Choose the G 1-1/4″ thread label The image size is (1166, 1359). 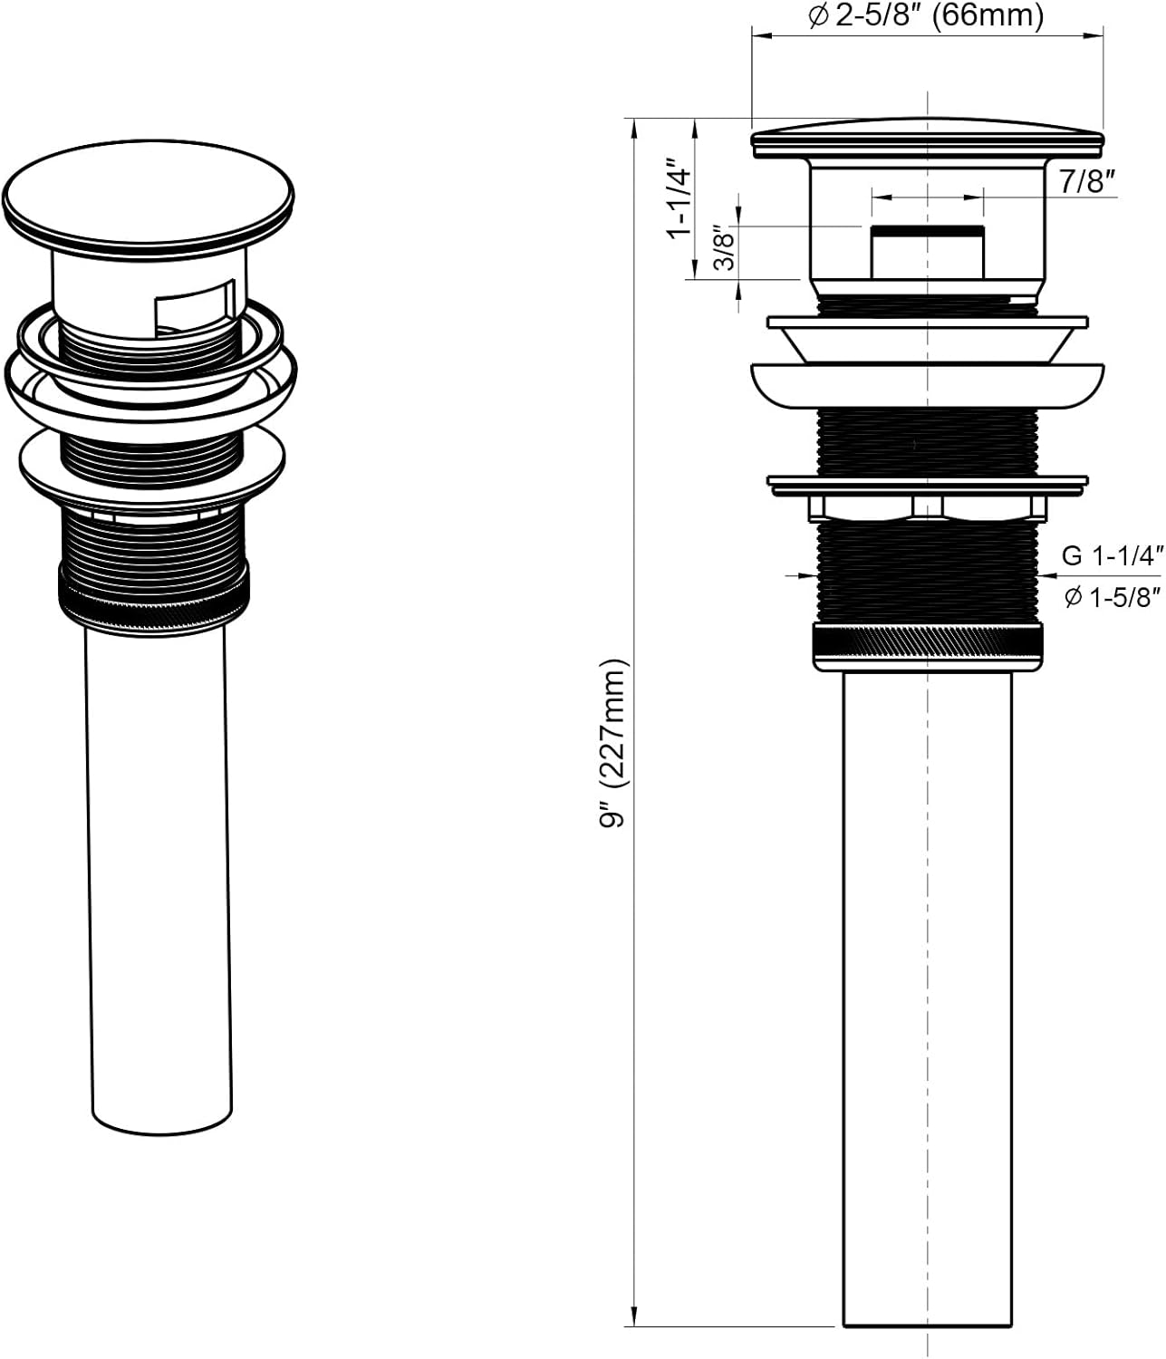[1111, 555]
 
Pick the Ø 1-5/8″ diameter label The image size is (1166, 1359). [1113, 598]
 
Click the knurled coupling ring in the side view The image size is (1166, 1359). [928, 647]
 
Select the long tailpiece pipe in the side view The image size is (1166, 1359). [928, 997]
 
